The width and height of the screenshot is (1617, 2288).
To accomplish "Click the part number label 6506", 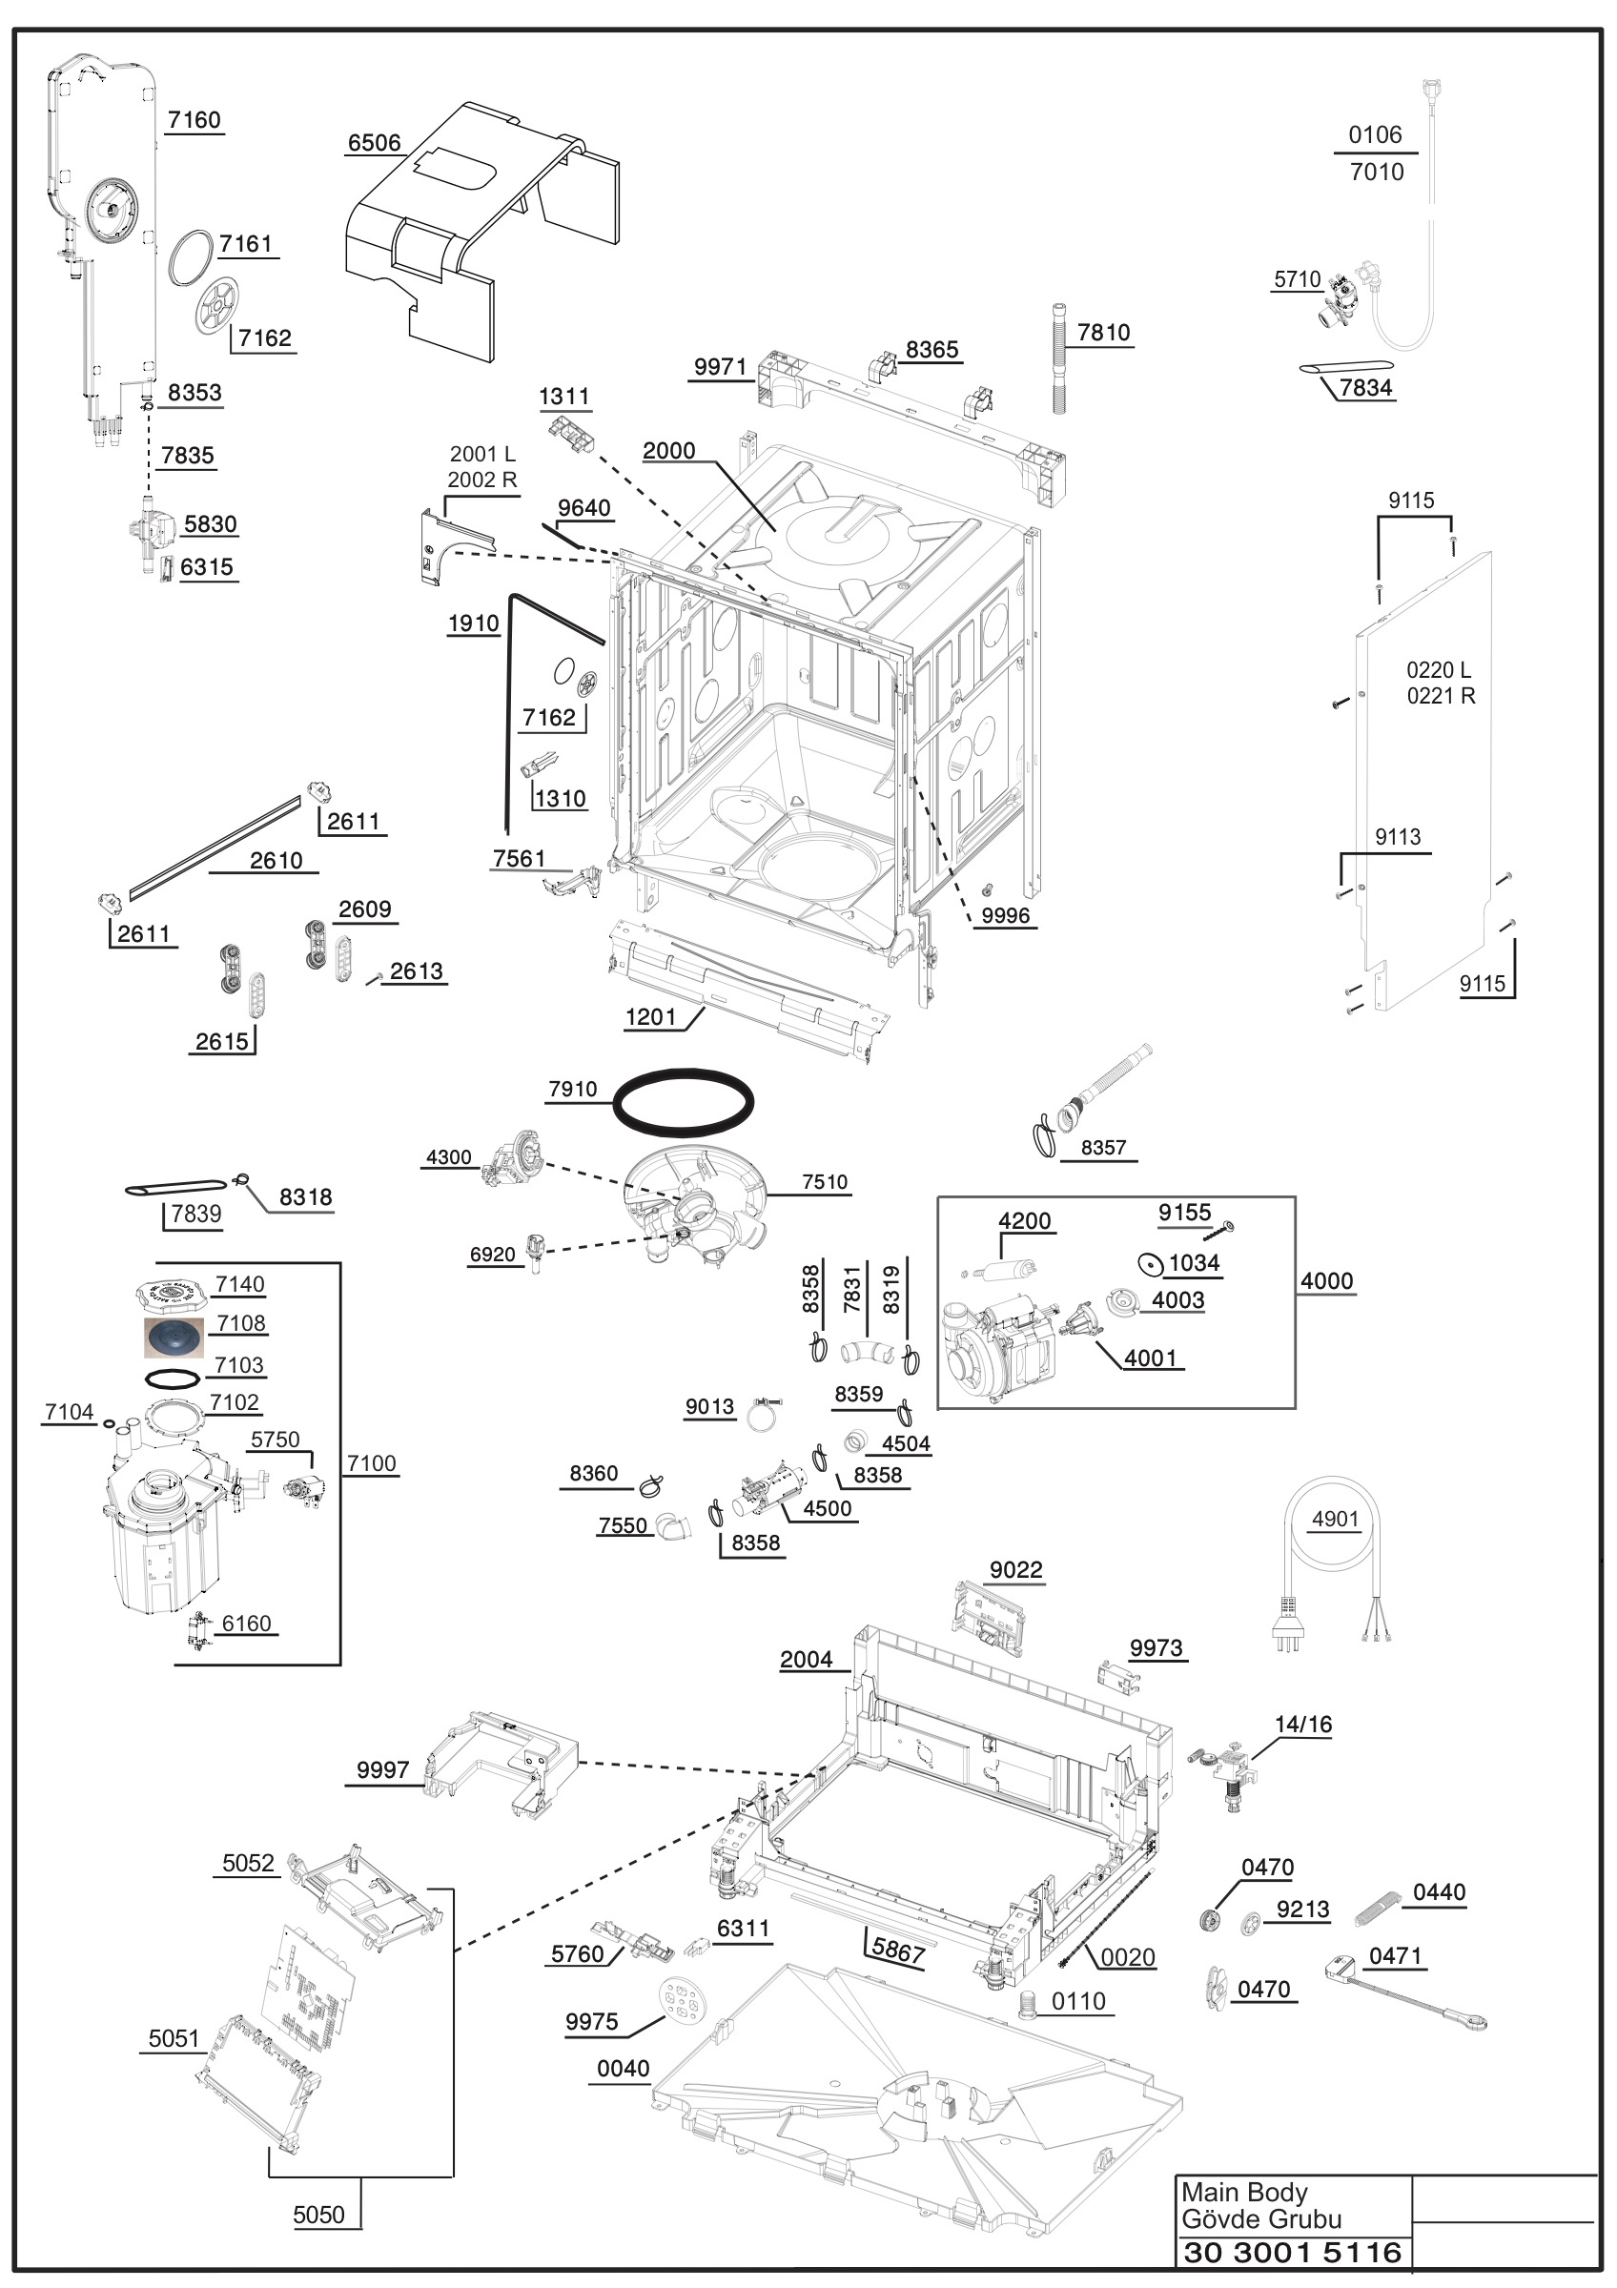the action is pyautogui.click(x=374, y=144).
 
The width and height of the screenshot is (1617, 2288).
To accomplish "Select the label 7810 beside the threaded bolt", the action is pyautogui.click(x=1103, y=333).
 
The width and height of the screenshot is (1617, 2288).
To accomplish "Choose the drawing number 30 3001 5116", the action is pyautogui.click(x=1292, y=2252).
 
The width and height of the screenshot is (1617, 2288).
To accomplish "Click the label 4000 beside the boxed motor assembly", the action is pyautogui.click(x=1326, y=1281).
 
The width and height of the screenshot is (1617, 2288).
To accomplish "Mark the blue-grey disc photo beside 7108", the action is pyautogui.click(x=174, y=1337).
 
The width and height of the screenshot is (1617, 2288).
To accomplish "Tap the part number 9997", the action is pyautogui.click(x=382, y=1769).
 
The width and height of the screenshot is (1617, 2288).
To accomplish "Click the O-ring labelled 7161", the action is pyautogui.click(x=192, y=257).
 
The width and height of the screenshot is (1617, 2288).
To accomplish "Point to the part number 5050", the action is pyautogui.click(x=317, y=2215).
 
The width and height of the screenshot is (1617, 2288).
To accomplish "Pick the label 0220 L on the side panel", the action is pyautogui.click(x=1439, y=669).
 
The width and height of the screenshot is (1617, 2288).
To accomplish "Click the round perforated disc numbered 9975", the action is pyautogui.click(x=682, y=2002).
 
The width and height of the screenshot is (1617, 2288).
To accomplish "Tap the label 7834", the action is pyautogui.click(x=1365, y=388).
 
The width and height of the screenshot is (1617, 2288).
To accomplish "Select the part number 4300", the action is pyautogui.click(x=448, y=1157).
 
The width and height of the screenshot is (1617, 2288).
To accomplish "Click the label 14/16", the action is pyautogui.click(x=1303, y=1724).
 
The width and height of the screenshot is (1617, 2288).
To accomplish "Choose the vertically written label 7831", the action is pyautogui.click(x=851, y=1290).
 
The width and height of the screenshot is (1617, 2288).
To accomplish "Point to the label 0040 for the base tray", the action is pyautogui.click(x=623, y=2069).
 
